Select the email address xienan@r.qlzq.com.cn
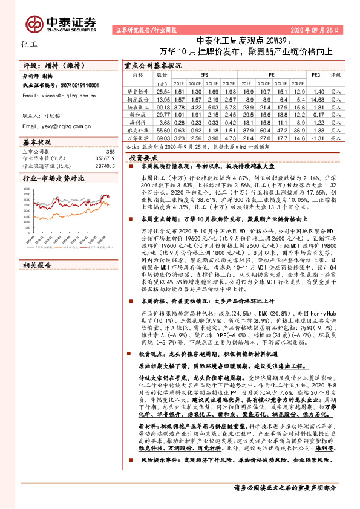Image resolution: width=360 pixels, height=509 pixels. point(56,96)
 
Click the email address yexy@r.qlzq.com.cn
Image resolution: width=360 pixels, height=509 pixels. point(56,126)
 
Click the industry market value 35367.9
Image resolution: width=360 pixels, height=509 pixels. point(100,158)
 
